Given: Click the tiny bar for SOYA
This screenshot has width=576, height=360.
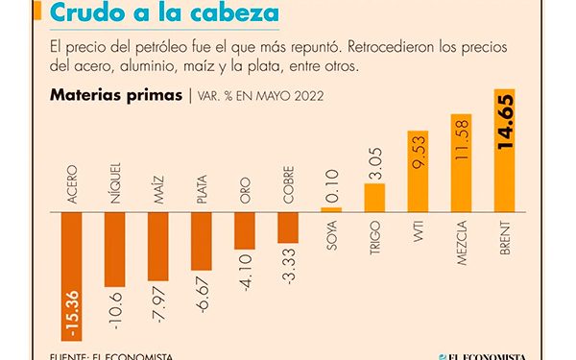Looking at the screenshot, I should pos(331,208).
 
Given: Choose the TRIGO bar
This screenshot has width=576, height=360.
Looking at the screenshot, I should pos(374,197).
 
